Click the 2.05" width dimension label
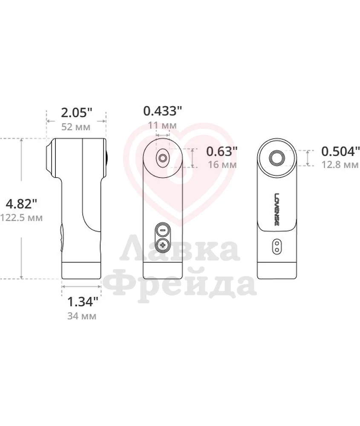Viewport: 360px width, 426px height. coord(76,113)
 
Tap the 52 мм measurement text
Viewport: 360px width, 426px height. coord(76,127)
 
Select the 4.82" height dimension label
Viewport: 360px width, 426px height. coord(21,204)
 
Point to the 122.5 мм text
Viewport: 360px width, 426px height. coord(21,218)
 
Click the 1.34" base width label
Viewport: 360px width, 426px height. coord(82,302)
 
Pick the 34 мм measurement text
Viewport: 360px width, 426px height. coord(82,316)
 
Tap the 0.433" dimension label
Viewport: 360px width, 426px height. coord(162,111)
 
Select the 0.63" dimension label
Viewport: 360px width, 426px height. coord(222,151)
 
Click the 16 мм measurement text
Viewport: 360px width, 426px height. coord(222,164)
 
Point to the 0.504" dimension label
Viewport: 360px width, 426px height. coord(340,151)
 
